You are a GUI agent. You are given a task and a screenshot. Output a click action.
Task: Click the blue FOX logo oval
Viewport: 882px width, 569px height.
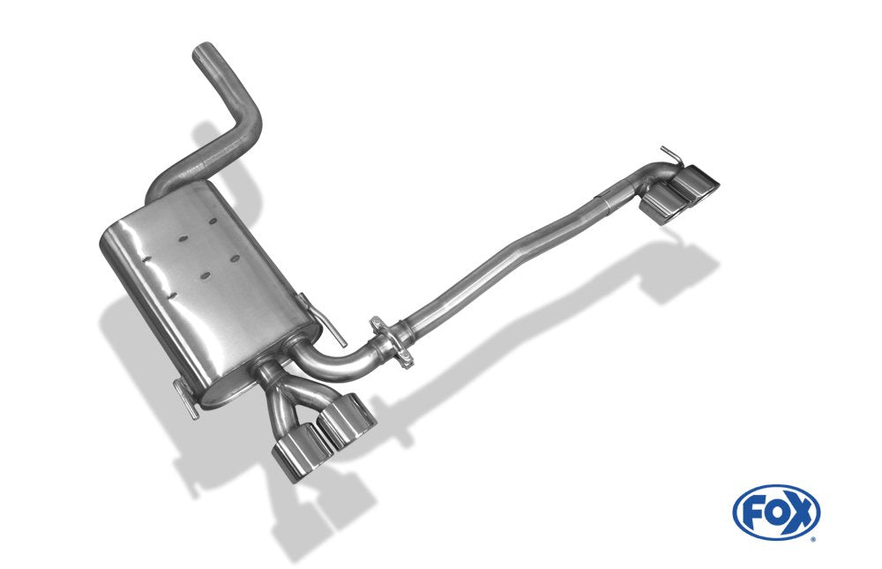(776, 513)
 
